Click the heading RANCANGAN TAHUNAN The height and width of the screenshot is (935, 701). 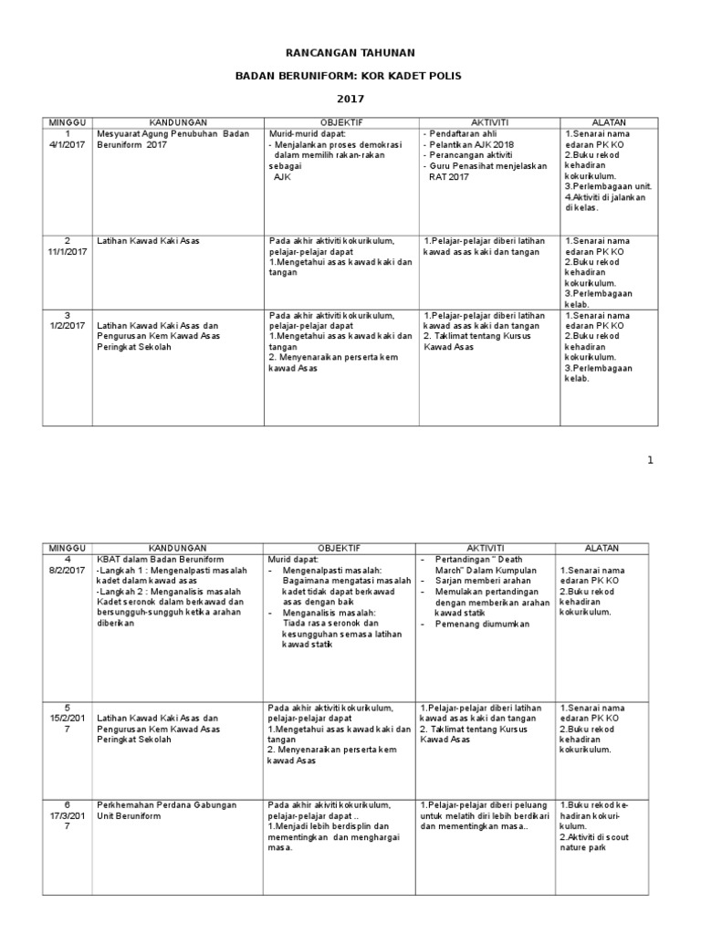tap(350, 55)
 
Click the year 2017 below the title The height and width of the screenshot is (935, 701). tap(350, 99)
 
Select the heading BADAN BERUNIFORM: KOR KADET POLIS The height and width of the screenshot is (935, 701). tap(350, 77)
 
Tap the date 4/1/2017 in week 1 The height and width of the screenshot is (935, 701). tap(67, 143)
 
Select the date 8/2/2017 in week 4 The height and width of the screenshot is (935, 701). tap(67, 570)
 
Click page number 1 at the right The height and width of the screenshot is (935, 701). tap(651, 460)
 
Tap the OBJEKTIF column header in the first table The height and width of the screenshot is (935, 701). tap(341, 121)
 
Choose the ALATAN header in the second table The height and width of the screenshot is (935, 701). tap(604, 548)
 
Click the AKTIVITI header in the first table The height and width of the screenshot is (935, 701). tap(488, 121)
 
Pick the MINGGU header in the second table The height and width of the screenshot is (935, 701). tap(67, 548)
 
